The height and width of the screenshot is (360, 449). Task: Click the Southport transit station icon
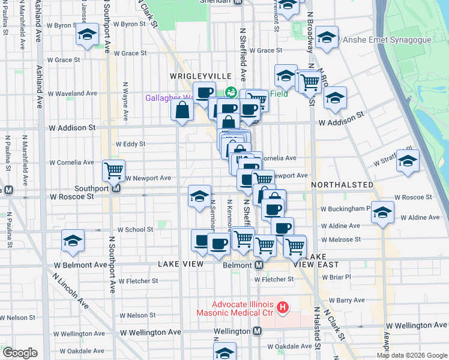tap(116, 188)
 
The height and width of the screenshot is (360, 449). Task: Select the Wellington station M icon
tap(257, 331)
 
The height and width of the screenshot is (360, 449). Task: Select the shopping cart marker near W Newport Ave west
tap(113, 170)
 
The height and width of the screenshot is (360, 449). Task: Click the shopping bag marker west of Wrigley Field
tap(182, 110)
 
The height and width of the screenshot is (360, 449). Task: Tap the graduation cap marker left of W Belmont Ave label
tap(73, 241)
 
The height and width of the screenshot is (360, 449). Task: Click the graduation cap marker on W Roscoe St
tap(199, 195)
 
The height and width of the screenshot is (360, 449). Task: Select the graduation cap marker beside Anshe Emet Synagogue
tap(327, 37)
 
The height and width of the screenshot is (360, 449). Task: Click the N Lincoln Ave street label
tap(71, 292)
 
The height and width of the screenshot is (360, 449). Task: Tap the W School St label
tap(135, 230)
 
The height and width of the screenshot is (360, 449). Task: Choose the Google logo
tap(20, 353)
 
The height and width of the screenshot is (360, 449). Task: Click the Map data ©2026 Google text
tap(412, 355)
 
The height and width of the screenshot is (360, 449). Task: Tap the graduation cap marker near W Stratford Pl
tap(408, 161)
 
